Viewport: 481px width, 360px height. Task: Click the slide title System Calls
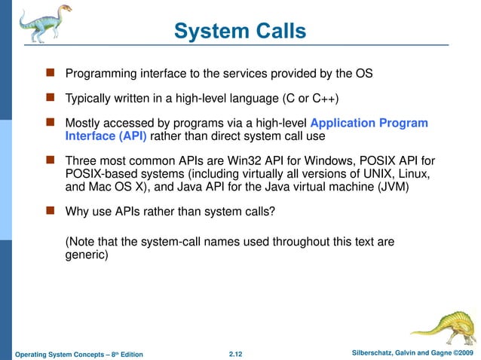(240, 31)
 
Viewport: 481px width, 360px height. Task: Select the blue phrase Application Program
(369, 123)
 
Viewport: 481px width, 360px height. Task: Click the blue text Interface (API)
(106, 136)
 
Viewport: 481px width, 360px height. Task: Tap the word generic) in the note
(87, 255)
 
